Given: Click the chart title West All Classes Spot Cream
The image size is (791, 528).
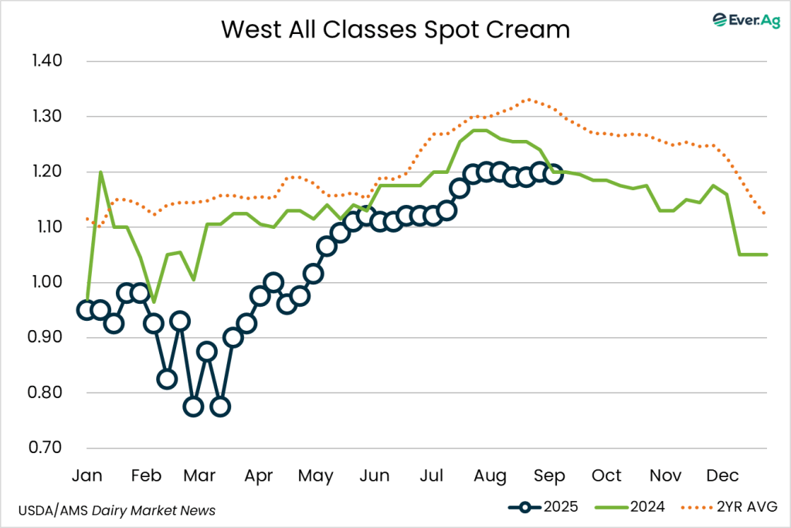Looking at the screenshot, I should (395, 29).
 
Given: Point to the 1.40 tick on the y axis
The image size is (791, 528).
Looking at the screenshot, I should (49, 61).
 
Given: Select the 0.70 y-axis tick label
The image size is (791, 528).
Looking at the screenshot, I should (49, 448).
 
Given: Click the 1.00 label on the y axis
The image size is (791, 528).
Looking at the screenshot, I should (49, 282).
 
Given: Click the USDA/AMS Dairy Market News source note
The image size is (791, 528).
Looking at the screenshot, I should (116, 510).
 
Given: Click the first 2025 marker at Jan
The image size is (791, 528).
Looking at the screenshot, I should (87, 310).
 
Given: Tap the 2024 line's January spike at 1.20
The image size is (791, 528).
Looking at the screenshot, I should (100, 172).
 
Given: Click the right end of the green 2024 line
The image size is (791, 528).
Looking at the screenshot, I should (767, 254).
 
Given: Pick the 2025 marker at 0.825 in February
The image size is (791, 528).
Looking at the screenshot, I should (167, 379).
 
